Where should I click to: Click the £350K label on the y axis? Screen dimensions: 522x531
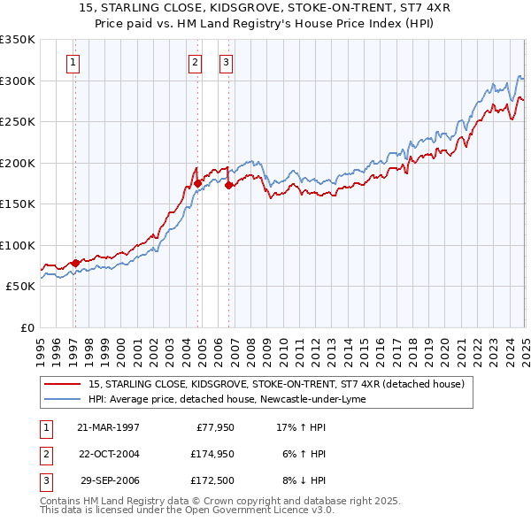18,40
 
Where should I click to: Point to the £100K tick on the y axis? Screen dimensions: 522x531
18,245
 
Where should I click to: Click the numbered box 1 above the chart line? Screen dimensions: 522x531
73,62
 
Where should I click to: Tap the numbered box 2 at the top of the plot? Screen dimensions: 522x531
195,62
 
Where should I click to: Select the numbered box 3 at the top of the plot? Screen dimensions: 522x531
226,62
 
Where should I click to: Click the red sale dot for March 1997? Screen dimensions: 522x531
75,262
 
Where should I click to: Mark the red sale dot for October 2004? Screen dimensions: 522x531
198,183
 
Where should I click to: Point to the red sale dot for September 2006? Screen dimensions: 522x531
228,186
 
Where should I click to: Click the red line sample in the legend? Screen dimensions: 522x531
64,385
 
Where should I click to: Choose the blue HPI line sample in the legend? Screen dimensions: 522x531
64,399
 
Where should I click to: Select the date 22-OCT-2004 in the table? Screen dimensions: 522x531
108,454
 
